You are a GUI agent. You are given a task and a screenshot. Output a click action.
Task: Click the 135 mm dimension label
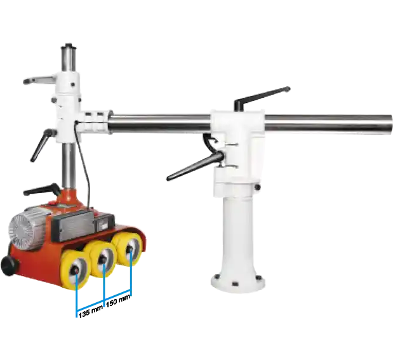click(91, 312)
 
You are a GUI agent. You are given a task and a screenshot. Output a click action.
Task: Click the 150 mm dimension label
click(118, 300)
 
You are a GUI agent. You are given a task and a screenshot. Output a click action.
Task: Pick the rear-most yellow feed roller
click(128, 249)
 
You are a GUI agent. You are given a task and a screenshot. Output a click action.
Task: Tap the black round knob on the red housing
click(10, 265)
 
